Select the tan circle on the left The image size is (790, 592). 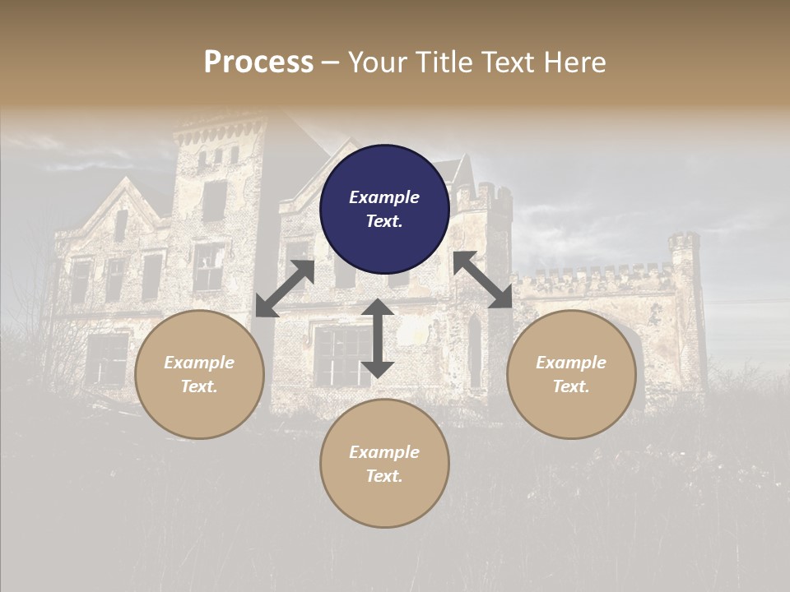[199, 374]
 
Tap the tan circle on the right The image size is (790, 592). [571, 374]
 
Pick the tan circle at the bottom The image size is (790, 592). [384, 464]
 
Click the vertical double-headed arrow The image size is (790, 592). [378, 338]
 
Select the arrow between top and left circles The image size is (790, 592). [286, 289]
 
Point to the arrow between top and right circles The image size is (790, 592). [483, 280]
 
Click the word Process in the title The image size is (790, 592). [258, 62]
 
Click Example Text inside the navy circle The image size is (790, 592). [384, 209]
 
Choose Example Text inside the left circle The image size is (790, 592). [199, 374]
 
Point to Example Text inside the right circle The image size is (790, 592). [571, 374]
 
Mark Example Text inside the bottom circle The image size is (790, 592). [384, 464]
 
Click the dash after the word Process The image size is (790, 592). [331, 62]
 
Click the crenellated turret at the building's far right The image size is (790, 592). [683, 247]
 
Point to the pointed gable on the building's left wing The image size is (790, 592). [123, 197]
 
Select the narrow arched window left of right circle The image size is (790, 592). [474, 349]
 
